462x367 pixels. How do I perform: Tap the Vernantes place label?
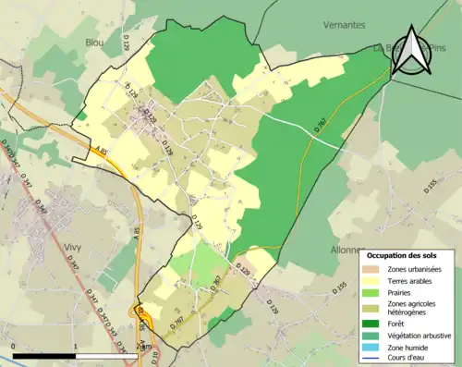tap(345, 25)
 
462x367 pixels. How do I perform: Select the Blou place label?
tap(94, 43)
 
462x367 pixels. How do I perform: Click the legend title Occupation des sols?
tap(407, 254)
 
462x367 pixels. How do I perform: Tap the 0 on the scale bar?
tap(15, 346)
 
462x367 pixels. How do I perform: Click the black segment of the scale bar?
tap(43, 354)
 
